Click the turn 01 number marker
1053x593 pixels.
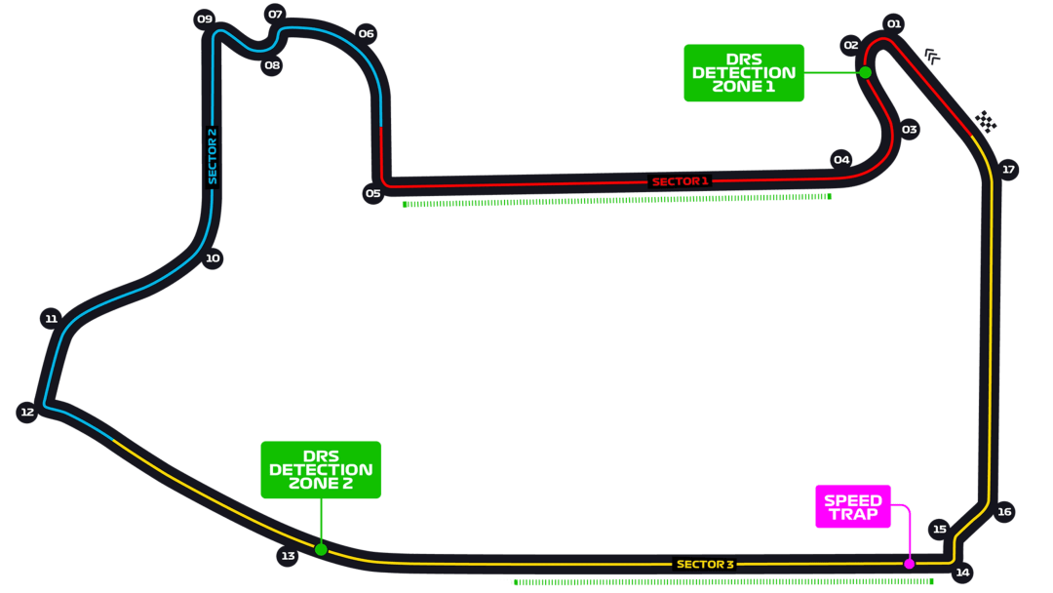tap(894, 24)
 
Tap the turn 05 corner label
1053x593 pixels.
tap(372, 193)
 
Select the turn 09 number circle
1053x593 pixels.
tap(204, 19)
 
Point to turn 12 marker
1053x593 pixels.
tap(27, 413)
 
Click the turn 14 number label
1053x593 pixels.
tap(962, 573)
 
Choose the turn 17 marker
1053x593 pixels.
tap(1008, 170)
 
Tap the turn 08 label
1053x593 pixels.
tap(272, 65)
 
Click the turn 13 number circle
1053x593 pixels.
tap(288, 557)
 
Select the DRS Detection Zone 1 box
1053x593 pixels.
tap(744, 72)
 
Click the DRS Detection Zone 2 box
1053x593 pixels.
tap(321, 469)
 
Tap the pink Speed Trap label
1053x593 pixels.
tap(853, 507)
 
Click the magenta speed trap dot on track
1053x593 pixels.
tap(909, 564)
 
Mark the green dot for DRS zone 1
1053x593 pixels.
tap(865, 72)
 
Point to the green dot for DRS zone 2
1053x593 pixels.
tap(321, 550)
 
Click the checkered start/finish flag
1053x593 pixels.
tap(986, 122)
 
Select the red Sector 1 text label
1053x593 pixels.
tap(680, 181)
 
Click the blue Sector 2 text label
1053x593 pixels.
tap(212, 156)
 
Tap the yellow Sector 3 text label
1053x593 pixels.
tap(704, 565)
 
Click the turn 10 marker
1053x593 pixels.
tap(213, 258)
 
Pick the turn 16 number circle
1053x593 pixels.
tap(1004, 512)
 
